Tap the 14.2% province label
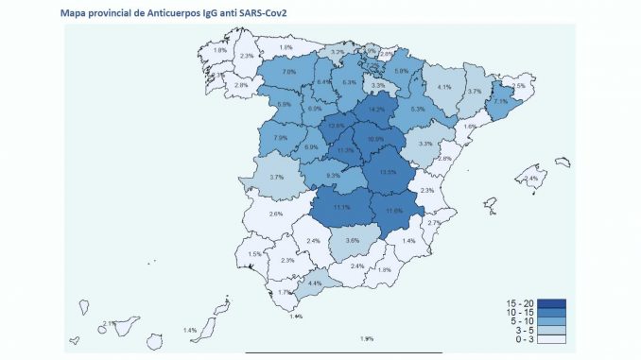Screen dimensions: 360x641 coord(378,110)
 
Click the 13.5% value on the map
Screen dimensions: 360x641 coord(388,172)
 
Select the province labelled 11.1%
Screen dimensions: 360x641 coord(341,207)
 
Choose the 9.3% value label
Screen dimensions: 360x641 coord(333,176)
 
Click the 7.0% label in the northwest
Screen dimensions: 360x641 coord(289,72)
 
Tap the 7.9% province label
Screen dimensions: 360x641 coord(281,139)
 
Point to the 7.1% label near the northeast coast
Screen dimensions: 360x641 coord(501,101)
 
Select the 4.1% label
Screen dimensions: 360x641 coord(444,88)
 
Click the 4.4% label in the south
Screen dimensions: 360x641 coord(316,283)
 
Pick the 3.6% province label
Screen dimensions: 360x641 coord(353,241)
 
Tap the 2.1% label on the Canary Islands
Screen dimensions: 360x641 coord(109,323)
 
